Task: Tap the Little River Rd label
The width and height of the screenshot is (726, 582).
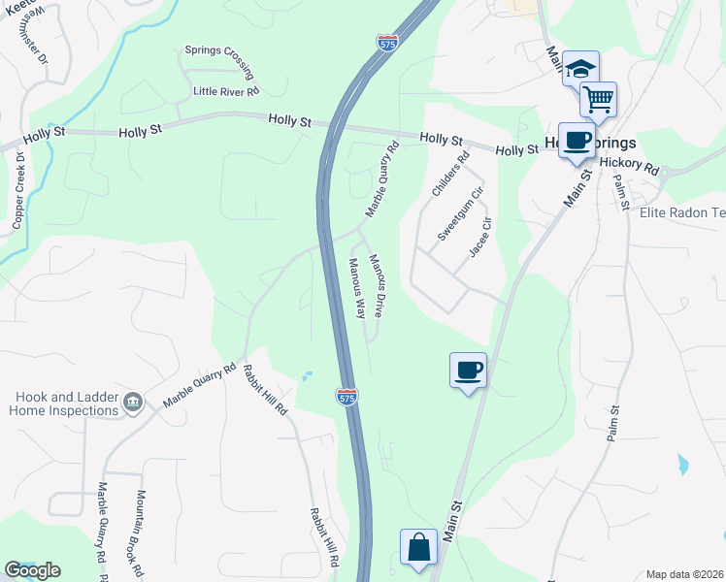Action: (226, 91)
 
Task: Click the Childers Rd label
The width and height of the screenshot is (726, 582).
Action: (450, 173)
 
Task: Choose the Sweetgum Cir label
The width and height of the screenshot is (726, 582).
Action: (459, 214)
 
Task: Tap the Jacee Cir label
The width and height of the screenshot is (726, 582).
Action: (480, 238)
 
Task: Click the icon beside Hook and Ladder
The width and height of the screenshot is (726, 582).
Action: (134, 402)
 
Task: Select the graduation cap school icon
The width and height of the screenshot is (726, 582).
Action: (581, 68)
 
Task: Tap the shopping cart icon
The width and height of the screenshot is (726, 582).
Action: (599, 98)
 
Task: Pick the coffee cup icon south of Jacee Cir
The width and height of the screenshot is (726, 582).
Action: (468, 369)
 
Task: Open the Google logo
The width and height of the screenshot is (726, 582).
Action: (32, 570)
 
